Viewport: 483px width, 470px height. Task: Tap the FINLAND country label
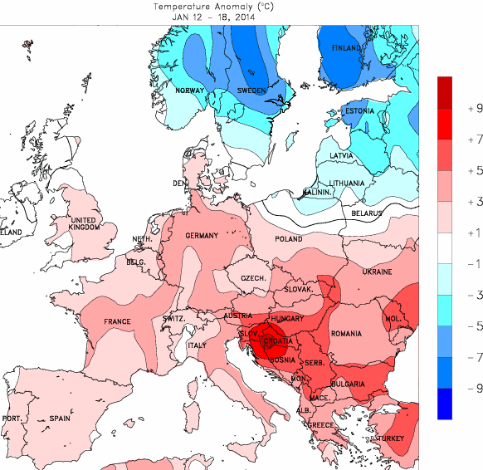[x=347, y=48]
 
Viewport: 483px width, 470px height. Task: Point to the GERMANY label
[x=201, y=236]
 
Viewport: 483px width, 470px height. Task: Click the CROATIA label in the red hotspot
[x=277, y=341]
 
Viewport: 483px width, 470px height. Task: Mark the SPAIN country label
[x=59, y=418]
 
